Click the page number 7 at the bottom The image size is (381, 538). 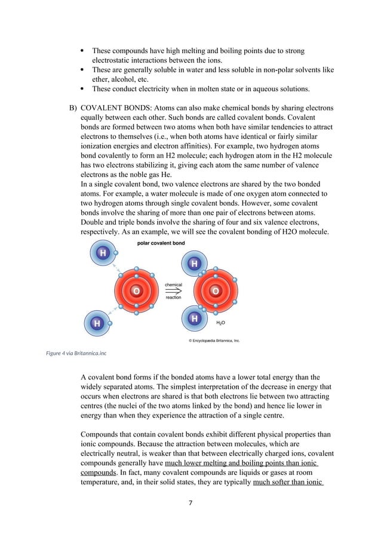click(190, 503)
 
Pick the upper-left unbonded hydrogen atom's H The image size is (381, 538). click(103, 253)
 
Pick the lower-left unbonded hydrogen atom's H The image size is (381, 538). click(96, 323)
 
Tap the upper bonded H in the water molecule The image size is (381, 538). click(194, 264)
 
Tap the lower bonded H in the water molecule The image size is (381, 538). click(194, 320)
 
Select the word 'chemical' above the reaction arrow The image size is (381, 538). click(173, 285)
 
